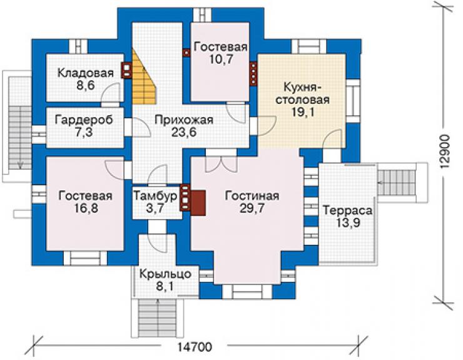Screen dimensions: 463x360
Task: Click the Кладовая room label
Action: coord(85,73)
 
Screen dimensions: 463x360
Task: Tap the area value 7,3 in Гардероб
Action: coord(84,132)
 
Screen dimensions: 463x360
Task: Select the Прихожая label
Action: coord(184,120)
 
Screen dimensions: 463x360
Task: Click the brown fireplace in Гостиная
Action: coord(198,203)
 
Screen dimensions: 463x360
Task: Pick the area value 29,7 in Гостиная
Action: coord(252,208)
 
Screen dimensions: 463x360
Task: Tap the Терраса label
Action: coord(347,210)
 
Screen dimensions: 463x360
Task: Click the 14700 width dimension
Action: coord(195,347)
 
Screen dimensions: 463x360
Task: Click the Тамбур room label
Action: coord(156,196)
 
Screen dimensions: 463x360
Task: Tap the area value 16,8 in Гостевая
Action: coord(85,208)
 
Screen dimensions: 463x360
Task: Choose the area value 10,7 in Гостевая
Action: coord(221,59)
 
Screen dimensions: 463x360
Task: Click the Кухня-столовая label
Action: coord(303,93)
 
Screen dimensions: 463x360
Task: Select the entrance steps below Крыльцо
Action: coord(158,318)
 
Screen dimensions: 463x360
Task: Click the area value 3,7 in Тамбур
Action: coord(155,208)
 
